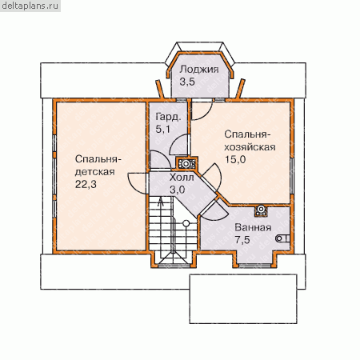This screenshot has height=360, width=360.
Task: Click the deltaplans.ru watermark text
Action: click(30, 6)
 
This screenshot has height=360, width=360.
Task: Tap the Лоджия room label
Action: click(199, 70)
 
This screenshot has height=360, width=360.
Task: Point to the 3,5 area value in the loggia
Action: click(187, 82)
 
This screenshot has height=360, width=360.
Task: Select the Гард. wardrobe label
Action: click(168, 118)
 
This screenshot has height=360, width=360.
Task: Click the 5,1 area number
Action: click(162, 130)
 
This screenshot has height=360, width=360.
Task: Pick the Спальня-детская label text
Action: click(98, 166)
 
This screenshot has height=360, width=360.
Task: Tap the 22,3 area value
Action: click(86, 184)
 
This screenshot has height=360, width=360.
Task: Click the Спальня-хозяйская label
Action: click(250, 141)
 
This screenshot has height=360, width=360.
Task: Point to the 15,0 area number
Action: click(235, 159)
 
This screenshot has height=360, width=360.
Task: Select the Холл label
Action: click(182, 178)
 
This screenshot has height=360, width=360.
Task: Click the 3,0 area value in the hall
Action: click(178, 190)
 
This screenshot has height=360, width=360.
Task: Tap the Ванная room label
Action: click(253, 227)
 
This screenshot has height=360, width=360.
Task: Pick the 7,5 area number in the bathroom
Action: click(242, 240)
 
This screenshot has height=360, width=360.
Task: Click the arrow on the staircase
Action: click(161, 202)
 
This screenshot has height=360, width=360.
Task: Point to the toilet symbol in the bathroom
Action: click(282, 238)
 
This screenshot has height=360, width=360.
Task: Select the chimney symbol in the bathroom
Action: click(261, 210)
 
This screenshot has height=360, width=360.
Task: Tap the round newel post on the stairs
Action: click(186, 223)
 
